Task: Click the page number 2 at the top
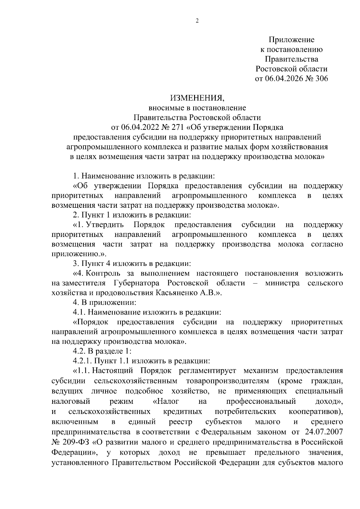point(197,21)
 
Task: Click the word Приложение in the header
point(291,40)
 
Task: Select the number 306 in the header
point(320,79)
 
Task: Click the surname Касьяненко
point(177,293)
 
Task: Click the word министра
point(282,283)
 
